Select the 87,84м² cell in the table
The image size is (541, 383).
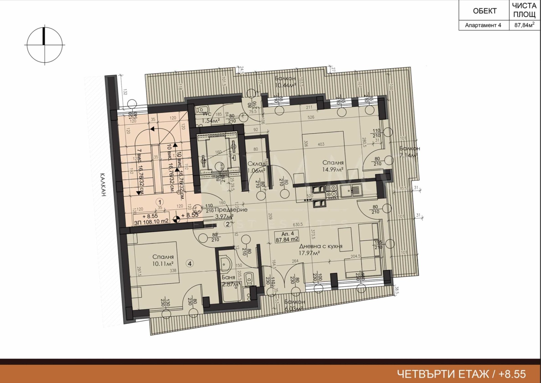point(524,25)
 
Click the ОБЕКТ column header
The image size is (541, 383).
point(484,11)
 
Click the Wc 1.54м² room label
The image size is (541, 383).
point(211,117)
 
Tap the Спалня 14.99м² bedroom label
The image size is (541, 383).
point(333,166)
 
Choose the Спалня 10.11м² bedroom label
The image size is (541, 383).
point(163,260)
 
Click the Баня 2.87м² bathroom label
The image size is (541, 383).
point(230,281)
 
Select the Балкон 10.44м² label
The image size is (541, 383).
point(285,82)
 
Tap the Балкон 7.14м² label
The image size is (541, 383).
point(409,152)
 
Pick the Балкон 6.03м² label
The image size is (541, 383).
point(295,305)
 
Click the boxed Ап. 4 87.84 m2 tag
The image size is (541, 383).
point(287,236)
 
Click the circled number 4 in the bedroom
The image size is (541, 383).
point(190,263)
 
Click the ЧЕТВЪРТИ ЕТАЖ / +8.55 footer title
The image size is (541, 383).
point(461,374)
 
